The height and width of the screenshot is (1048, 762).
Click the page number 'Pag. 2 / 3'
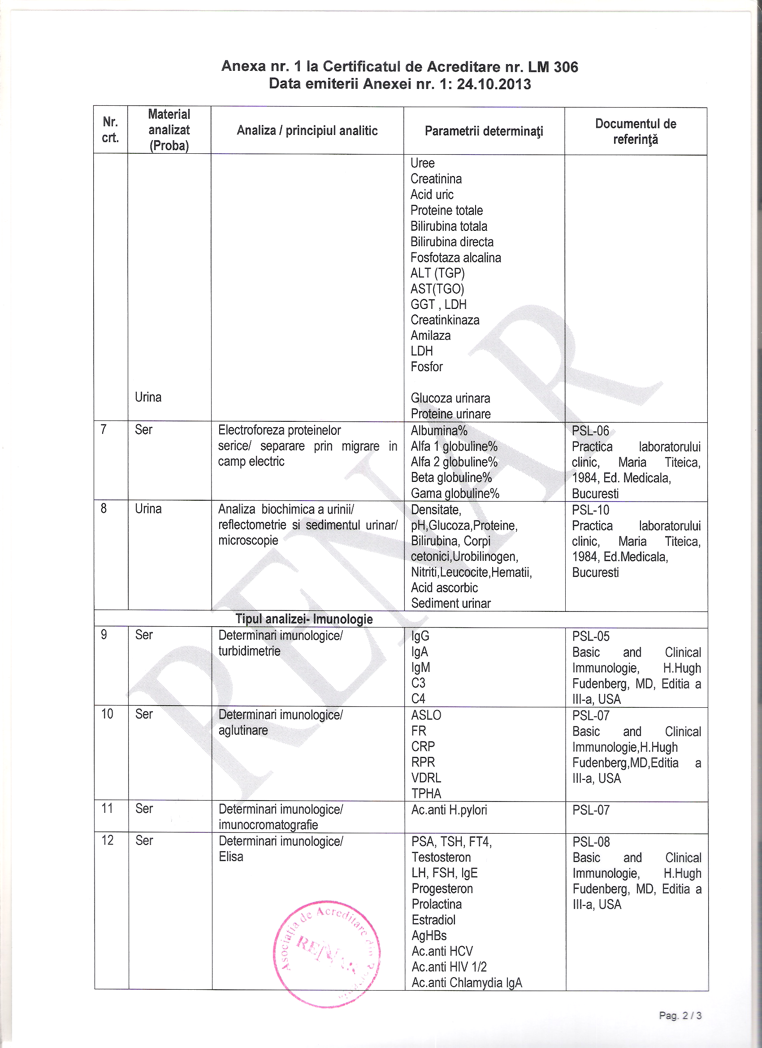[x=680, y=1015]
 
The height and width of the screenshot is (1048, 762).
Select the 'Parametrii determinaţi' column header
[x=483, y=131]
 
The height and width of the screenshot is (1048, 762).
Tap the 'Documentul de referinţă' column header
[x=636, y=131]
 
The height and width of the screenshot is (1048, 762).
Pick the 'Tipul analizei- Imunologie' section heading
[x=303, y=619]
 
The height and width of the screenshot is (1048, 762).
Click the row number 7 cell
[x=104, y=430]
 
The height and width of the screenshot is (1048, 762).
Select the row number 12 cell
[x=107, y=840]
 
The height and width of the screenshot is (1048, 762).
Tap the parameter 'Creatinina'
[x=436, y=179]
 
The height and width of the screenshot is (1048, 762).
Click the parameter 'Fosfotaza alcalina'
[x=455, y=257]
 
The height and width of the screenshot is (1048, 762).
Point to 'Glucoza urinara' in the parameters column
[x=450, y=398]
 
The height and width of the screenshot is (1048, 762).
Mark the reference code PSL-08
[x=591, y=841]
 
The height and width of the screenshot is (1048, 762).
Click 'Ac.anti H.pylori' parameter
[x=449, y=810]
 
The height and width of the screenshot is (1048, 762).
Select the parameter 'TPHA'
[x=426, y=793]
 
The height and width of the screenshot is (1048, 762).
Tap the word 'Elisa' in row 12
[x=230, y=856]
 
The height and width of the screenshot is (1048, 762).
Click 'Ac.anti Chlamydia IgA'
[x=466, y=982]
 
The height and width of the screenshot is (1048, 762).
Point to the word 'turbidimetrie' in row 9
[x=249, y=651]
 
